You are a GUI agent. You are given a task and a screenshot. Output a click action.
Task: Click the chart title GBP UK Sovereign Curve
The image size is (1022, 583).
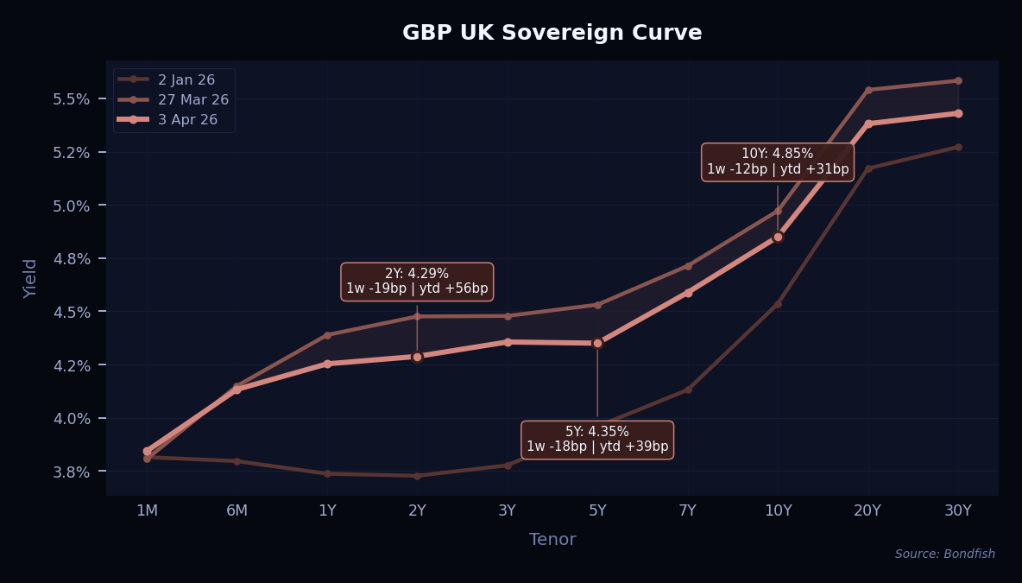tap(552, 33)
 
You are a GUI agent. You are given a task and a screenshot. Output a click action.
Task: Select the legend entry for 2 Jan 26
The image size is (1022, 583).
tap(186, 79)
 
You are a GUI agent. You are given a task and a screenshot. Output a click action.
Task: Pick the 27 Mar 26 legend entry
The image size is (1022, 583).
tap(192, 99)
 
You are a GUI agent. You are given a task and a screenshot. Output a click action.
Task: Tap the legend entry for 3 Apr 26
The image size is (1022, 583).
tap(187, 119)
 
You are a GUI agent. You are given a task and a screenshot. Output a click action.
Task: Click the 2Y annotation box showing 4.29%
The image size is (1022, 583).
tap(417, 282)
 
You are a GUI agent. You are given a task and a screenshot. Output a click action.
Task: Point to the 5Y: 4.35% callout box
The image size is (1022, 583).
tap(597, 440)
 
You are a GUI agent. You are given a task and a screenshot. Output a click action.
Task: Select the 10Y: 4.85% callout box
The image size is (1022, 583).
tap(777, 162)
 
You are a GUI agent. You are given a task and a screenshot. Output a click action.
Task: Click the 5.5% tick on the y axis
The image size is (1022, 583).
tap(73, 99)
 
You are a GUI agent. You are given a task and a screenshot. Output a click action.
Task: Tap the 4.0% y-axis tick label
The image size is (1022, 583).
tap(73, 419)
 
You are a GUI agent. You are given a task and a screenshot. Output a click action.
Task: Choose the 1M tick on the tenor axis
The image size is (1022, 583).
tap(147, 510)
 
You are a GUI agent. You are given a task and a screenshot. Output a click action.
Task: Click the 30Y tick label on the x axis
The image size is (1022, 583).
tap(958, 510)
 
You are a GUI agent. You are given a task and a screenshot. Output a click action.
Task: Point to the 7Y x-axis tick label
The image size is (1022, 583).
tap(688, 510)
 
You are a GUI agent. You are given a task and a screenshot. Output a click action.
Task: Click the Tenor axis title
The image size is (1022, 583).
tap(552, 540)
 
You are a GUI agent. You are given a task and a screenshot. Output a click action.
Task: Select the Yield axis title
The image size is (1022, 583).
tap(31, 278)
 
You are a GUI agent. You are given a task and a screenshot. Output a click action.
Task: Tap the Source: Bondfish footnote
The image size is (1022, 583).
tap(944, 554)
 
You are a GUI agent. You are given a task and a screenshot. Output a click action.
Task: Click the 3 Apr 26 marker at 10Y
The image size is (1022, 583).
tap(778, 237)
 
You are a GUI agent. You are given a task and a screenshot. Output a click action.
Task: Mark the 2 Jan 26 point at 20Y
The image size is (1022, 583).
tap(868, 168)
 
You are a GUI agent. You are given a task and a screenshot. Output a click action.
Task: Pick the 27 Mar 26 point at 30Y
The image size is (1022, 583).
tap(958, 81)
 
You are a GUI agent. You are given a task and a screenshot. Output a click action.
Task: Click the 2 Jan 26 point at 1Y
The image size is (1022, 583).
tap(327, 473)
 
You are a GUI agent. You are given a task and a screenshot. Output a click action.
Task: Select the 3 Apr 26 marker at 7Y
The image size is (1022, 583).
tap(688, 293)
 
